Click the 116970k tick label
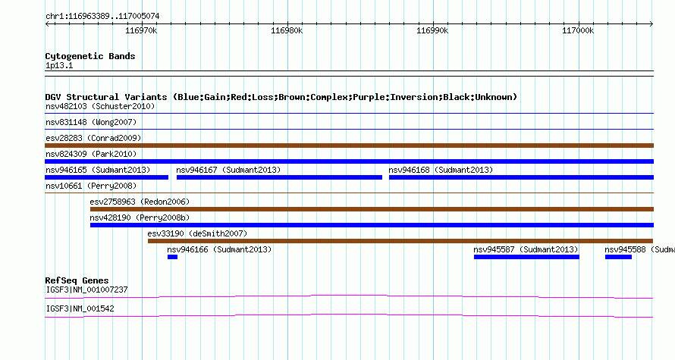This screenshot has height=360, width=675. tap(141, 30)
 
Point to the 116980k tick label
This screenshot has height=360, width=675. tap(287, 30)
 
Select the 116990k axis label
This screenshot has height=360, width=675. tap(432, 30)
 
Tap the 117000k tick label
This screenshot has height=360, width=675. tap(578, 30)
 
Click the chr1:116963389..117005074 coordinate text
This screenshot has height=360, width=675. tap(102, 17)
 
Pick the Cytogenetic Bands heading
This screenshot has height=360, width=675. tap(90, 56)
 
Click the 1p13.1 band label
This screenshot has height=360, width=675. tap(59, 66)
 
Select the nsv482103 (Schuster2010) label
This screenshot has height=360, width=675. tap(100, 106)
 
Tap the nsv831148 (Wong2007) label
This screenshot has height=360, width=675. tap(91, 122)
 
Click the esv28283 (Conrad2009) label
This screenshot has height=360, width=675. tap(93, 138)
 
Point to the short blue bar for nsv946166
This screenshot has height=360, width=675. tap(173, 257)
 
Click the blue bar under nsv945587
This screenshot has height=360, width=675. tap(526, 257)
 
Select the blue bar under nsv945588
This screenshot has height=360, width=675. tap(618, 257)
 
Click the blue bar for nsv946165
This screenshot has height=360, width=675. tap(106, 177)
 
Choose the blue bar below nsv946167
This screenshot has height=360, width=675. tap(279, 177)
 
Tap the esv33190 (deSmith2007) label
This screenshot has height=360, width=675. tap(198, 233)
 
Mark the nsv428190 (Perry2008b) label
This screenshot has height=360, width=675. tap(140, 218)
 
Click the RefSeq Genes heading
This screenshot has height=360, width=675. tap(77, 280)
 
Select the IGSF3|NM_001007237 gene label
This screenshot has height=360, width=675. tap(87, 290)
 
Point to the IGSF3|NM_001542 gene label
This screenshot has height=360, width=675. tap(80, 308)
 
